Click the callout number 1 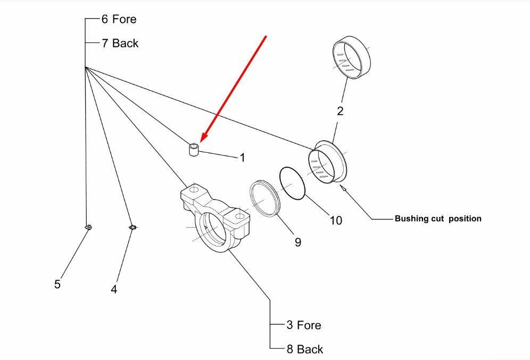point(242,158)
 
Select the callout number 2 point(340,111)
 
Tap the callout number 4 point(114,289)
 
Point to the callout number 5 point(57,284)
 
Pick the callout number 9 point(297,242)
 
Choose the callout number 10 point(336,219)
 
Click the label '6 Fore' point(119,19)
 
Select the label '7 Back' point(120,43)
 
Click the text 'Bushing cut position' point(438,218)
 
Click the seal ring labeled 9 point(265,198)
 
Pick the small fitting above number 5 point(88,227)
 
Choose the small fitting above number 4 point(133,227)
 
